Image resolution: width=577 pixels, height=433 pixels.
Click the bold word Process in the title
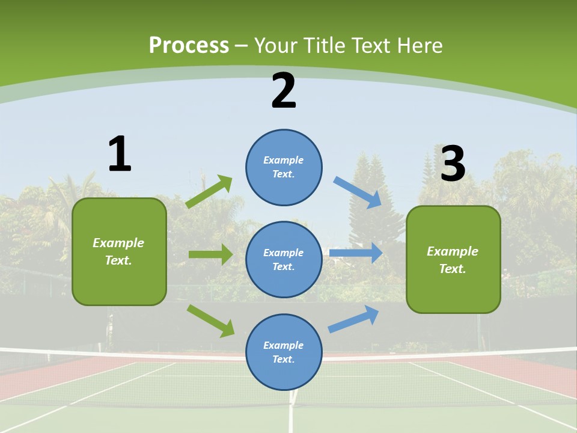(x=189, y=46)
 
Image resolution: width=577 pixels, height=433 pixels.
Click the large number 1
(x=120, y=155)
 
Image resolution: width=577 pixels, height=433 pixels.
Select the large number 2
(x=284, y=91)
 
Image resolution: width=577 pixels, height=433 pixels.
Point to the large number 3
(x=453, y=164)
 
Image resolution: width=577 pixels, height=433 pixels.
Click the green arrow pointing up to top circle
(x=209, y=192)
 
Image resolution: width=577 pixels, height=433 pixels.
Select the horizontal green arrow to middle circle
(x=211, y=254)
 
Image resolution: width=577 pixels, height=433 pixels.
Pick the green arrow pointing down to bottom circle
(x=211, y=321)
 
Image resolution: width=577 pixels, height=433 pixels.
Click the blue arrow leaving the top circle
(x=358, y=192)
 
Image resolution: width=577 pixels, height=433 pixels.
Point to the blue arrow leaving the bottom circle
(x=353, y=319)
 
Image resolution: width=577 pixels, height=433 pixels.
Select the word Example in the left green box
(x=118, y=243)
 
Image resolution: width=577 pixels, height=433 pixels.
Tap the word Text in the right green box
(x=452, y=269)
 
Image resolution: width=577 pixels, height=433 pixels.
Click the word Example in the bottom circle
(x=284, y=345)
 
